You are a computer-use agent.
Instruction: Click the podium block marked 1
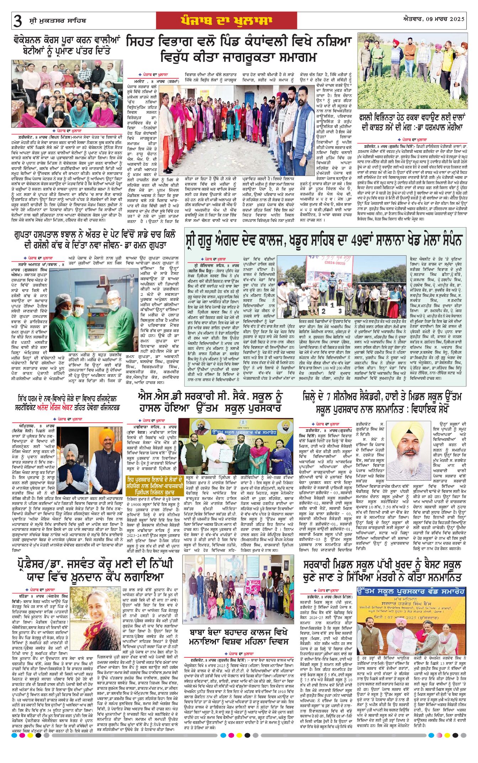332,305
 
